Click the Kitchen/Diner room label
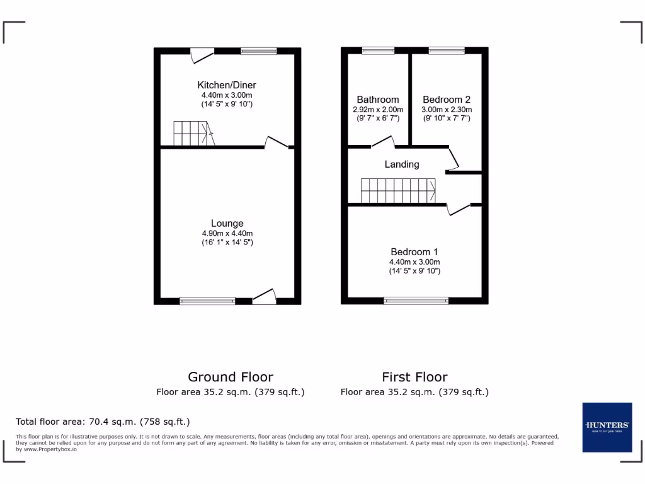(227, 85)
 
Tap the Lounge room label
(227, 223)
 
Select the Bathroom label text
(378, 100)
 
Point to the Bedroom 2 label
(447, 100)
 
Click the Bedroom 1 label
(414, 252)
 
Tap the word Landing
(402, 164)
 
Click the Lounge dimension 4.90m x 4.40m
(227, 233)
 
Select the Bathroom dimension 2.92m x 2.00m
(378, 109)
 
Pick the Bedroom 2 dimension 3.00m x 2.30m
(447, 109)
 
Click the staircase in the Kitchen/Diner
(194, 134)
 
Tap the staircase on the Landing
(398, 190)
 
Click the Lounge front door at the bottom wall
(264, 297)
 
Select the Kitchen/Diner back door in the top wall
(202, 55)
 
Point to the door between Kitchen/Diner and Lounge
(277, 143)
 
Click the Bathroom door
(383, 142)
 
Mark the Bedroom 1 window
(416, 301)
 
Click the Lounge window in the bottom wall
(207, 301)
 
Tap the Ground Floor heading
(231, 377)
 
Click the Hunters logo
(607, 427)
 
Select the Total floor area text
(103, 422)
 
